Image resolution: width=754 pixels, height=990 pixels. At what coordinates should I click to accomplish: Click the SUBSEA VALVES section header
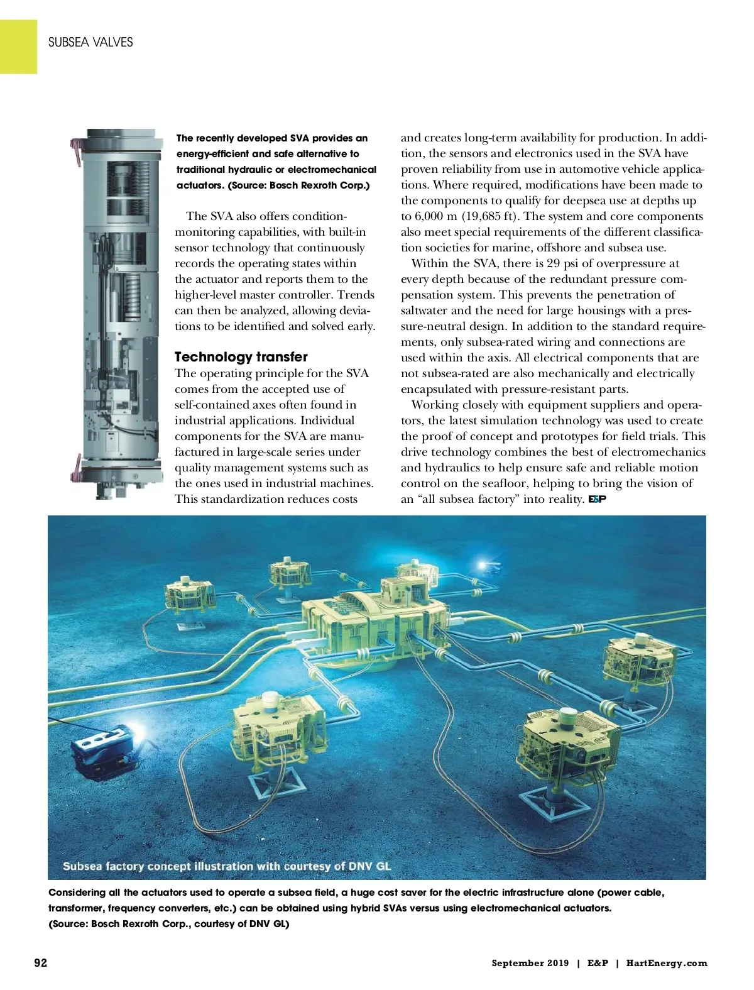click(90, 42)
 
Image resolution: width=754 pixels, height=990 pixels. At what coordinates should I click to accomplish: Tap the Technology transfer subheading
click(241, 357)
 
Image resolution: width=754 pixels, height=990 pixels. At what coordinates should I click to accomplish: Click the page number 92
click(40, 963)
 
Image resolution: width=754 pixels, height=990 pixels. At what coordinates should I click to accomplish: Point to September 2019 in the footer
click(530, 963)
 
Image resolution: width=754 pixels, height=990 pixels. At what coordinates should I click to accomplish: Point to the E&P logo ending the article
click(596, 500)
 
